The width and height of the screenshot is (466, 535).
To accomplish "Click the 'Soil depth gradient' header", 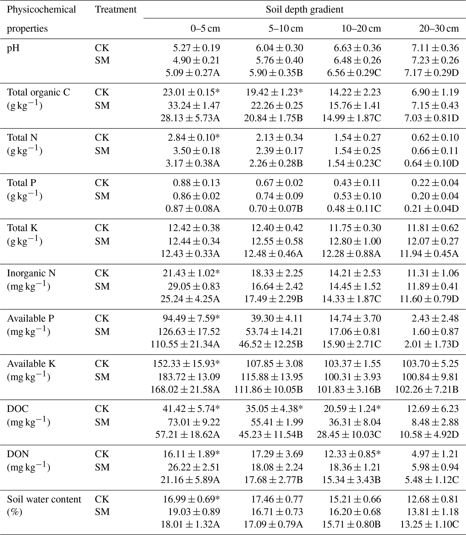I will point(304,10).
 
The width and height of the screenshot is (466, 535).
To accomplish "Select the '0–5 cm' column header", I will point(205,29).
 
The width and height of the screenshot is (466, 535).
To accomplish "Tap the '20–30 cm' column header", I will point(439,29).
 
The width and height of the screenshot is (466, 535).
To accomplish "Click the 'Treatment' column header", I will point(116,10).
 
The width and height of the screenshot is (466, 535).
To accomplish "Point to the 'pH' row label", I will point(13,48).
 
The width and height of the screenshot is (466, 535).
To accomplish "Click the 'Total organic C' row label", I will point(39,93).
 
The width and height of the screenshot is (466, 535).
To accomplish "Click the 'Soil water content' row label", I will point(44,499).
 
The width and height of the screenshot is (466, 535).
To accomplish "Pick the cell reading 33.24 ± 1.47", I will point(194,105).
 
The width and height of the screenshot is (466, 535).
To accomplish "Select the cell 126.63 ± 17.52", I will point(189,332).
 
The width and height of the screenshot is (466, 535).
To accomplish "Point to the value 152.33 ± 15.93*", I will point(186,364).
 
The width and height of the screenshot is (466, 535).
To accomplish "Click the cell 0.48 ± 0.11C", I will point(354,209).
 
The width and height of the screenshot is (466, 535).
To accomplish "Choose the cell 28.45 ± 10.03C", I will point(349,435).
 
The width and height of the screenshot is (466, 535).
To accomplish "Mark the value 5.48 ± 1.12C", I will point(432,480).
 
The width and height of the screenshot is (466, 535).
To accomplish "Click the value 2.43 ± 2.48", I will point(435,318).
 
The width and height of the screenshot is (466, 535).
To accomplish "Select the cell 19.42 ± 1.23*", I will point(274,93).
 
